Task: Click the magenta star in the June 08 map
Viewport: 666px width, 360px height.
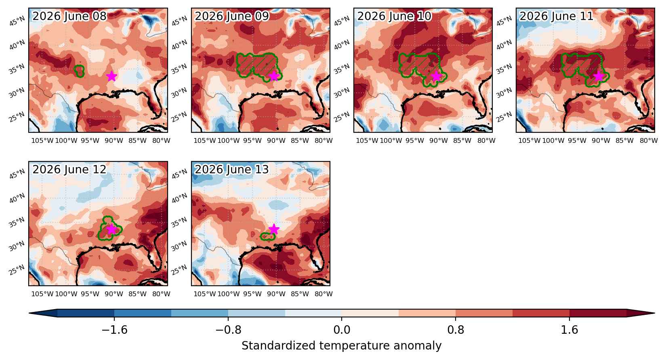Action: coord(111,76)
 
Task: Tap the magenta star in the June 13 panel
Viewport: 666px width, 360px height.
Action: coord(274,229)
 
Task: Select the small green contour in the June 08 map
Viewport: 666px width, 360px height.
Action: coord(79,71)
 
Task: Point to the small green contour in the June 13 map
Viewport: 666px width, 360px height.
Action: coord(268,237)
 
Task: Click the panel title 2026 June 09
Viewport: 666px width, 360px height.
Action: coord(232,16)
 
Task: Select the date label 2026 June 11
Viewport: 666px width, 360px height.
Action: coord(556,16)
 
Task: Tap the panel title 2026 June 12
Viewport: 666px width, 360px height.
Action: coord(69,170)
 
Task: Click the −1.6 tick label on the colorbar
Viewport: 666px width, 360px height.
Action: coord(114,330)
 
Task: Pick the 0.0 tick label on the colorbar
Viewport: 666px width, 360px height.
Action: coord(342,330)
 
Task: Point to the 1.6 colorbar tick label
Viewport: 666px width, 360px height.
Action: coord(569,330)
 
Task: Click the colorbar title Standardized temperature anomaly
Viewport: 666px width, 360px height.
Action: coord(342,346)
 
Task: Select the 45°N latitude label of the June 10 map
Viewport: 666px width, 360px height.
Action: coord(342,21)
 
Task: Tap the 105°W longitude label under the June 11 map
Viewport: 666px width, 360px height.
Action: coord(529,140)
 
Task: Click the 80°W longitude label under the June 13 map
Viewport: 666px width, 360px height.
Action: coord(324,294)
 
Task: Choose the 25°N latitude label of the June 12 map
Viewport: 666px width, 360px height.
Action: coord(17,270)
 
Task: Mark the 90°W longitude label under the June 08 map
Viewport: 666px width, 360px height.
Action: coord(114,140)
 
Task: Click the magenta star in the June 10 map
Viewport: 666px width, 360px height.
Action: coord(436,76)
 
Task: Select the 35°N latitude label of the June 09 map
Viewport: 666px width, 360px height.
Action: coord(179,69)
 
